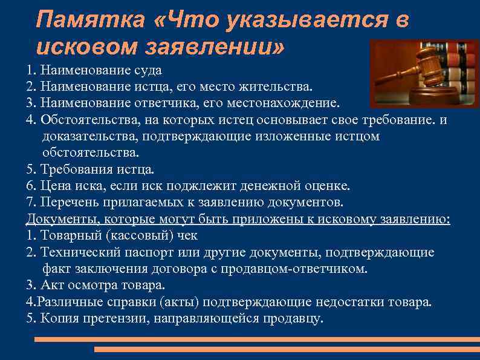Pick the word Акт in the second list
tap(51, 284)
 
